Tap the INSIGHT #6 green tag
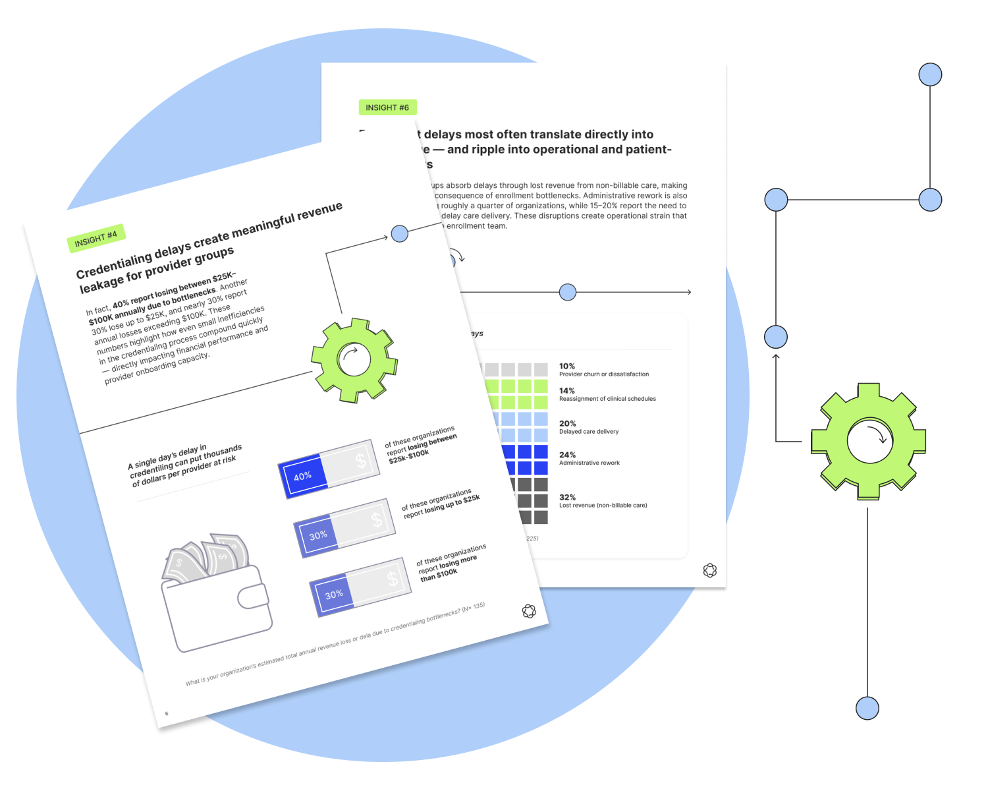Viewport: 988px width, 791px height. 387,107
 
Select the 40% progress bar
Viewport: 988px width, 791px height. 329,469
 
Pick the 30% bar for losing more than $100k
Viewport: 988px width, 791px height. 360,587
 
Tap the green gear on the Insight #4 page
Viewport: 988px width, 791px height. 354,360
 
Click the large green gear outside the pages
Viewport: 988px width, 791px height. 868,441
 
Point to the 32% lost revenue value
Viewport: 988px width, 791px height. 567,497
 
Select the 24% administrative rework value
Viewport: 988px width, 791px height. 567,455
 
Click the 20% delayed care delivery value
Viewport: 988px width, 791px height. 567,423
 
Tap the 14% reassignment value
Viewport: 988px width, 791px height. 566,390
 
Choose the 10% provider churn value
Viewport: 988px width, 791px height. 566,366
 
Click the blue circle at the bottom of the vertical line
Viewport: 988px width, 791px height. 867,708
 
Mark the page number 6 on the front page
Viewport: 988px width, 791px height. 167,713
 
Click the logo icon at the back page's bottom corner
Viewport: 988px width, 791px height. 709,570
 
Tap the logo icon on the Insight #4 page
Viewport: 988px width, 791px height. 529,611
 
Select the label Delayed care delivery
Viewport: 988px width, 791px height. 589,432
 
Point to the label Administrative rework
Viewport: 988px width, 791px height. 590,463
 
